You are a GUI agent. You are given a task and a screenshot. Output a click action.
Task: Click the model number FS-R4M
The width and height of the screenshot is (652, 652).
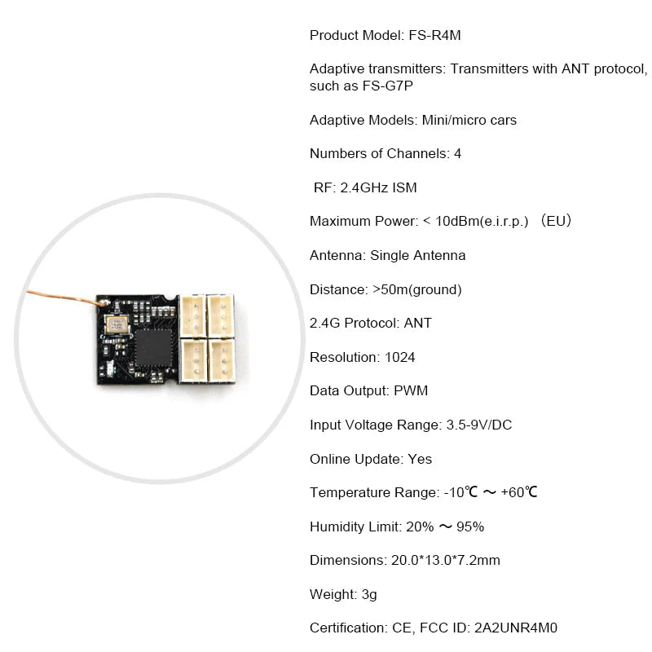tap(434, 35)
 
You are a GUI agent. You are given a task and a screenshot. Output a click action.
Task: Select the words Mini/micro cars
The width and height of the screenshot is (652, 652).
tap(469, 120)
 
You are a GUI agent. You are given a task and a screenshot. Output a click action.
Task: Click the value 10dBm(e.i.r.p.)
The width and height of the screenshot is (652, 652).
tap(482, 221)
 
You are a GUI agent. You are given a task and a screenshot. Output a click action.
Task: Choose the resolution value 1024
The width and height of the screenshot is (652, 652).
tap(399, 357)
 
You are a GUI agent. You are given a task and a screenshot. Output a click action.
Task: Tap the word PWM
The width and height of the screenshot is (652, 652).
tap(411, 391)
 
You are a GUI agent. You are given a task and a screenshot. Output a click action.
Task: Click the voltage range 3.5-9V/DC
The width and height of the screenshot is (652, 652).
tap(479, 425)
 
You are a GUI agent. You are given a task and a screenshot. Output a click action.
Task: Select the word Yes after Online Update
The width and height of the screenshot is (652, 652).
tap(420, 459)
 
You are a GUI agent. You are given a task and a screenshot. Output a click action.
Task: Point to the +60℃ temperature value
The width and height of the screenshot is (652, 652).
tap(519, 492)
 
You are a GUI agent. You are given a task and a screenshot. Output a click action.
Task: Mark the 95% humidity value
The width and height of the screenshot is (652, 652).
tap(470, 526)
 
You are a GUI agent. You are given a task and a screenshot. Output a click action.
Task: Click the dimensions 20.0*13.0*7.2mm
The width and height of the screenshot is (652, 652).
tap(445, 561)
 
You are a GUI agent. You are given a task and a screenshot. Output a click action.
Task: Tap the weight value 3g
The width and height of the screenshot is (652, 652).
tap(369, 595)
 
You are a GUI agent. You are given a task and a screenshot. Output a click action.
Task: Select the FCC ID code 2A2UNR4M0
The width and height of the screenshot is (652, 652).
tap(516, 628)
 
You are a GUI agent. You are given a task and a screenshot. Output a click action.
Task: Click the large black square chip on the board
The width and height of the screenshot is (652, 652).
tap(153, 348)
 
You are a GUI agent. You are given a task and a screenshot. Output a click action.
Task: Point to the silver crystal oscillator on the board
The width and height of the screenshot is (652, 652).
tap(117, 324)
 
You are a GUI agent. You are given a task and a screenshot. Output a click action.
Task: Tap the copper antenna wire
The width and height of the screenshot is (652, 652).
tap(66, 297)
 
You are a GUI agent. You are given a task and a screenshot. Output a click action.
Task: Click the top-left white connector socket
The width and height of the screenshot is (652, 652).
tap(193, 315)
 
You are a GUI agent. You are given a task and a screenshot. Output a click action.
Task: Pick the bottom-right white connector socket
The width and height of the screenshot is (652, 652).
tap(221, 360)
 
